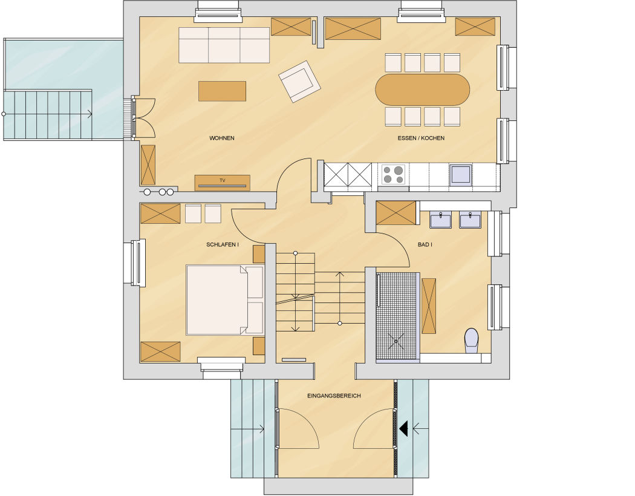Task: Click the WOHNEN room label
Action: tap(221, 138)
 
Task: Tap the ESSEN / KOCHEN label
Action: tap(421, 138)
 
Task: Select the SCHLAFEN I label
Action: tap(223, 244)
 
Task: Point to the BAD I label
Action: tap(425, 244)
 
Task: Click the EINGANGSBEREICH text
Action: tap(334, 396)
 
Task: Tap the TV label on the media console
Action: tap(223, 181)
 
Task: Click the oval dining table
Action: tap(422, 90)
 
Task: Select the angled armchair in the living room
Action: tap(300, 82)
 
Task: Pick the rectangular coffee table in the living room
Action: tap(222, 91)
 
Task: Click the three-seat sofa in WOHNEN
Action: tap(224, 45)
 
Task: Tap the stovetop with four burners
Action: tap(393, 175)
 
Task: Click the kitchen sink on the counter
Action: tap(460, 174)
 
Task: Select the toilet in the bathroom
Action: tap(471, 340)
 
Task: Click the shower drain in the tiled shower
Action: tap(396, 341)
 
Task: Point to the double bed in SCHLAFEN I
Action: tap(225, 300)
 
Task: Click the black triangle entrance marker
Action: tap(403, 429)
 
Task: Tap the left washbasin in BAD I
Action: tap(441, 220)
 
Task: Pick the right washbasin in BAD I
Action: tap(470, 220)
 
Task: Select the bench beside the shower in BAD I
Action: tap(429, 306)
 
